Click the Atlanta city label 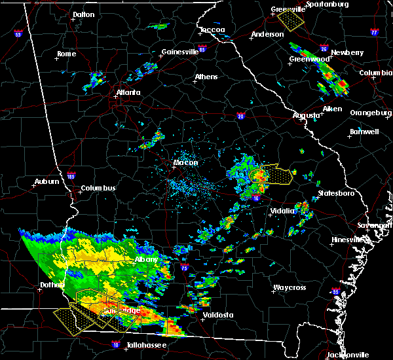point(128,92)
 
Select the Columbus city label point(98,189)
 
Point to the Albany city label point(146,260)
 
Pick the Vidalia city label point(283,211)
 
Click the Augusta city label point(307,115)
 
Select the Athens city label point(206,77)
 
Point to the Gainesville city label point(179,52)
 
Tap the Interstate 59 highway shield point(18,33)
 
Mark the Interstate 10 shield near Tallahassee point(116,344)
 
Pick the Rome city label point(67,54)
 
